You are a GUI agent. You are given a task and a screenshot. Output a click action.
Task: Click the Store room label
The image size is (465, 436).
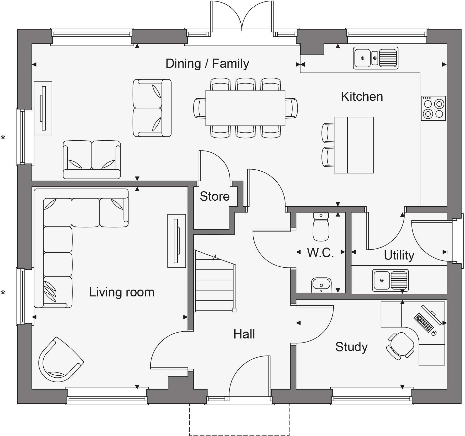214,196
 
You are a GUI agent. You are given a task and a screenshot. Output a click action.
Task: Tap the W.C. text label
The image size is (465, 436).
320,252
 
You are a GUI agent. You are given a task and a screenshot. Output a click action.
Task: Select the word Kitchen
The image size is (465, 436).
362,97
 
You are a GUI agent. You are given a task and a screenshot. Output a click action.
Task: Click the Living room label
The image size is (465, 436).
122,292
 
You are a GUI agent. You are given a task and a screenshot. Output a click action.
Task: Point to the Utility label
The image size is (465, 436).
399,255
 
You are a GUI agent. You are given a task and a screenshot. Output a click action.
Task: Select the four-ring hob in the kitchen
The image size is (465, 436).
433,108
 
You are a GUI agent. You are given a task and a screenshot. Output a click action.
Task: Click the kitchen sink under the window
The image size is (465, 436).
375,58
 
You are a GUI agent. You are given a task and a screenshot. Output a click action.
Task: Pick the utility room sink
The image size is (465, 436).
390,280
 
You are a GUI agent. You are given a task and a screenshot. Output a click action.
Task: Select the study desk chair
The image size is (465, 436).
401,346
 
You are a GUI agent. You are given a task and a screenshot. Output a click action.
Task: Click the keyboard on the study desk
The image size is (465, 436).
423,323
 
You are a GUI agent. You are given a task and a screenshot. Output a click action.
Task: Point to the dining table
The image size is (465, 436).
245,108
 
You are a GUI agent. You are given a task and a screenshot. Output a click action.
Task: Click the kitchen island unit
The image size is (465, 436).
354,145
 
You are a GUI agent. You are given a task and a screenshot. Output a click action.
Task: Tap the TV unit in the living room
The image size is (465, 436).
176,241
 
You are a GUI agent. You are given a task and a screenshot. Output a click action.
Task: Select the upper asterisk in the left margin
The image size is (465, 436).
3,138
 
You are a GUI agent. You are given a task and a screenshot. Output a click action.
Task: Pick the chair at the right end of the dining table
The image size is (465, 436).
291,108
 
